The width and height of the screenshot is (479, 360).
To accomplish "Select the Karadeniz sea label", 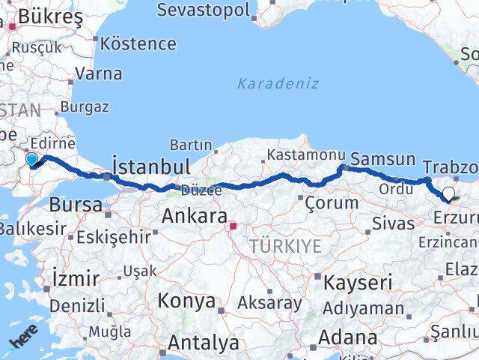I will pyautogui.click(x=278, y=83).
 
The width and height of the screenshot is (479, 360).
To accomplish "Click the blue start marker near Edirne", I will pyautogui.click(x=31, y=159).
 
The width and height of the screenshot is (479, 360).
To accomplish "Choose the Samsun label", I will pyautogui.click(x=382, y=159).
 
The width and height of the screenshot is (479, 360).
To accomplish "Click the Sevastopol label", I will pyautogui.click(x=203, y=10).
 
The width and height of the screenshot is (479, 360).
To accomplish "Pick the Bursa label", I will pyautogui.click(x=76, y=204).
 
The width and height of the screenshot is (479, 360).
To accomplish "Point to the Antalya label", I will pyautogui.click(x=203, y=343).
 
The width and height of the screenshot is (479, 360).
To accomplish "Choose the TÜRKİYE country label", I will pyautogui.click(x=285, y=247).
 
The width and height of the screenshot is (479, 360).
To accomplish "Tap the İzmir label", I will pyautogui.click(x=76, y=278).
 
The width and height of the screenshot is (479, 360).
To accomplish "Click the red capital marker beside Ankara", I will pyautogui.click(x=233, y=225).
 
